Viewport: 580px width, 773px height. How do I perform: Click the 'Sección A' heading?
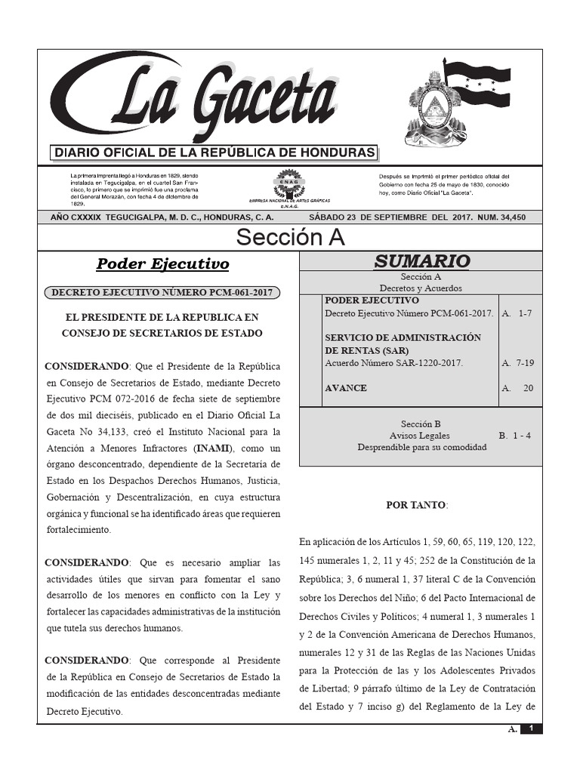[290, 237]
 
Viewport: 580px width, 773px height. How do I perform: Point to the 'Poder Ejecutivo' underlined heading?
[162, 264]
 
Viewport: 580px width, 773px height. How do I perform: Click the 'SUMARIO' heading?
[421, 262]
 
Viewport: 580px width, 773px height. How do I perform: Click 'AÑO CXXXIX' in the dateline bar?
[72, 217]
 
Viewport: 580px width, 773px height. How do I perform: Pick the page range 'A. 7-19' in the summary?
[517, 363]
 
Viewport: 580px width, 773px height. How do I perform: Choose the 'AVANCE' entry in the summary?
[346, 388]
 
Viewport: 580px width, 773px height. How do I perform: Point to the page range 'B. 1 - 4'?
[515, 436]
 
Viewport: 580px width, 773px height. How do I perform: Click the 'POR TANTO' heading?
[416, 505]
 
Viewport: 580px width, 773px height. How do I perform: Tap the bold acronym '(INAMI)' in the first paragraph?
[214, 448]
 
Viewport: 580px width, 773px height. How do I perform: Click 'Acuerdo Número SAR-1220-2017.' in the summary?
[393, 363]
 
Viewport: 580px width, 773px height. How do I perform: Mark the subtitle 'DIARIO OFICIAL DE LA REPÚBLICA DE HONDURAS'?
[214, 153]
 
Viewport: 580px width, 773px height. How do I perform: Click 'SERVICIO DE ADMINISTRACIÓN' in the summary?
[403, 337]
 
